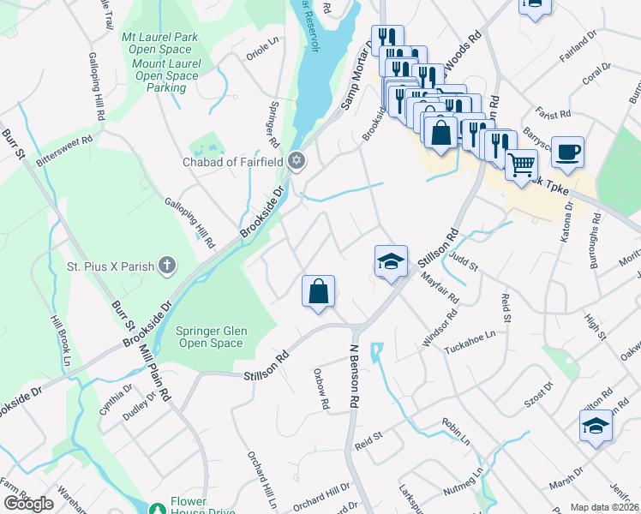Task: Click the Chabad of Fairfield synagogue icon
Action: click(x=297, y=161)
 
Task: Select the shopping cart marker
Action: click(x=521, y=163)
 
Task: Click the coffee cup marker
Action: click(x=567, y=152)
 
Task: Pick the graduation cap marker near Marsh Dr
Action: click(x=596, y=425)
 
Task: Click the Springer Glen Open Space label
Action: click(x=209, y=337)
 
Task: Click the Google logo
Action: click(x=28, y=504)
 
